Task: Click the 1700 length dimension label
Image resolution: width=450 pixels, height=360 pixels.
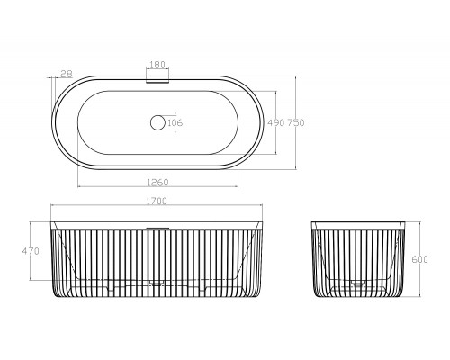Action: point(157,201)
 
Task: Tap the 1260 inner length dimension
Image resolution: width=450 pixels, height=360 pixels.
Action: point(157,182)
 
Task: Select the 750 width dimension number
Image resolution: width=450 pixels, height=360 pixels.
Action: point(296,122)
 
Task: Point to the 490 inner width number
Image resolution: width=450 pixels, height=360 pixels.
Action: point(276,122)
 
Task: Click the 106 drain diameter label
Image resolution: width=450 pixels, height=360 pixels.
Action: point(175,122)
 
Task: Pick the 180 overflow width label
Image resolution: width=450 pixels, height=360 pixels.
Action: point(157,65)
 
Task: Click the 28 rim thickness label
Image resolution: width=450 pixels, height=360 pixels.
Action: point(67,74)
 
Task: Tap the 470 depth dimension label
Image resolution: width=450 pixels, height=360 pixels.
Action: point(31,251)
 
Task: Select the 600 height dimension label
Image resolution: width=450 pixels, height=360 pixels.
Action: point(419,259)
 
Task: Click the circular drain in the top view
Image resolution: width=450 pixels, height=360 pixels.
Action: point(157,122)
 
